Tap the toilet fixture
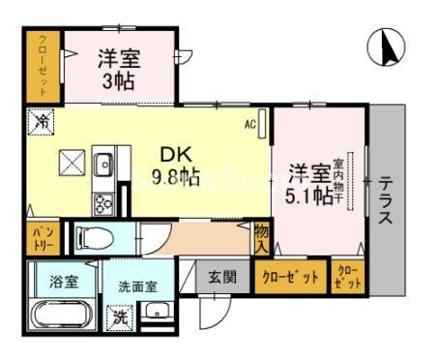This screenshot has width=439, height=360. click(x=97, y=237)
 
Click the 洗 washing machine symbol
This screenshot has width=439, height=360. click(x=121, y=316)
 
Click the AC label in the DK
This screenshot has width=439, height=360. click(x=249, y=123)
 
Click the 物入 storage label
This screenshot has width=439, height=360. click(x=262, y=238)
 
